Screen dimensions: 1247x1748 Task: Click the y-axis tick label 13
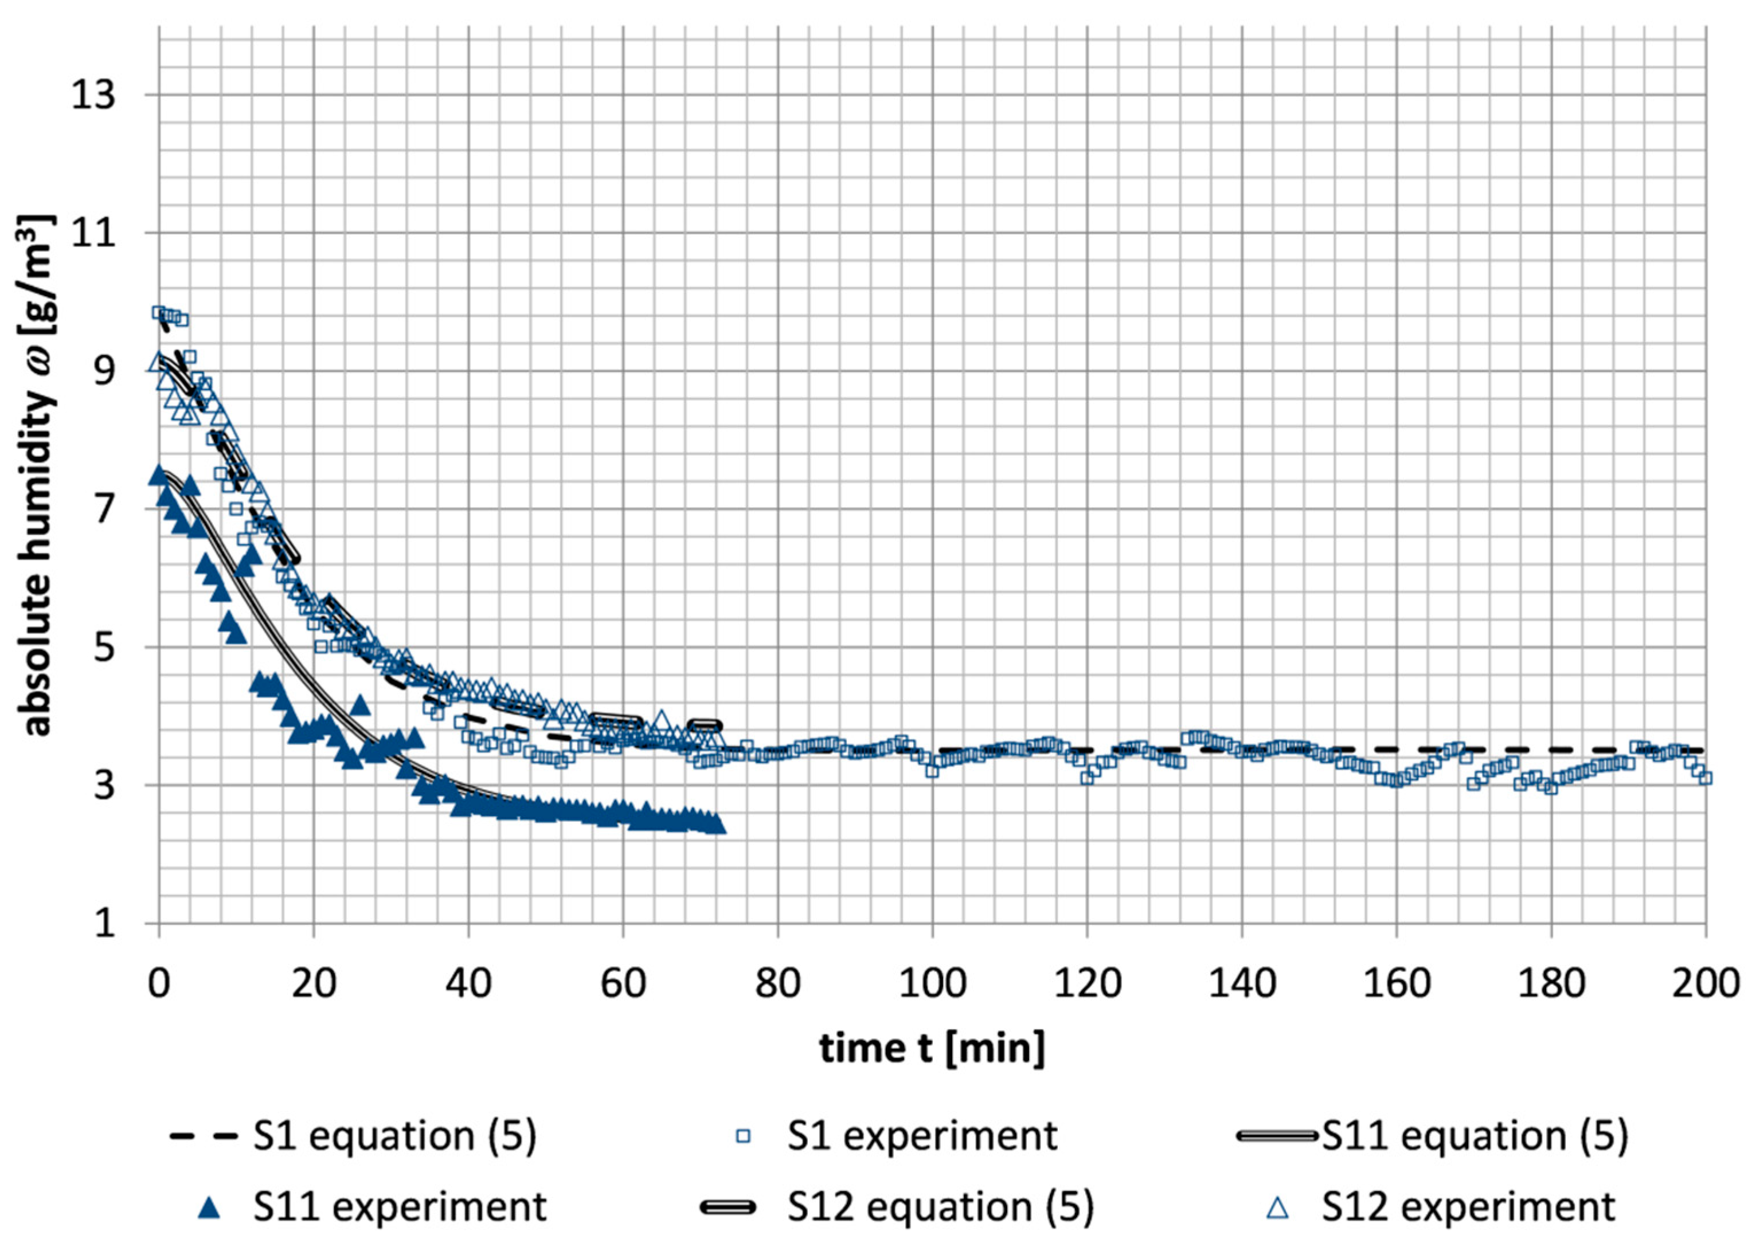[x=93, y=96]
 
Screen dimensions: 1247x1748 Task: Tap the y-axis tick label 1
[x=104, y=923]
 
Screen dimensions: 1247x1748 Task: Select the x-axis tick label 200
[x=1705, y=983]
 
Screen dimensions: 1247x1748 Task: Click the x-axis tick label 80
[x=777, y=983]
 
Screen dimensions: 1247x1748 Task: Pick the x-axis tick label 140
[x=1241, y=983]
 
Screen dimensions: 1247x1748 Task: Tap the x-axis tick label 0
[x=159, y=983]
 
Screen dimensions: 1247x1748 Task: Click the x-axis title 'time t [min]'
[x=932, y=1048]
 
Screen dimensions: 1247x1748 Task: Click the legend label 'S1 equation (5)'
[x=395, y=1136]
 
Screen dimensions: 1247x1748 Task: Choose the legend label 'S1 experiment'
[x=922, y=1136]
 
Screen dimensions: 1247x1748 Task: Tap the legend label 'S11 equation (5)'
[x=1475, y=1136]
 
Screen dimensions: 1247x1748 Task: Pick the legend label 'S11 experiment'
[x=400, y=1207]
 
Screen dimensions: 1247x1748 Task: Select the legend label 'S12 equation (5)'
[x=940, y=1207]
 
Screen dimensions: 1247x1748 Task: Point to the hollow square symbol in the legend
[x=742, y=1136]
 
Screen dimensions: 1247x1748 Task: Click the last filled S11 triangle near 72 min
[x=719, y=825]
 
